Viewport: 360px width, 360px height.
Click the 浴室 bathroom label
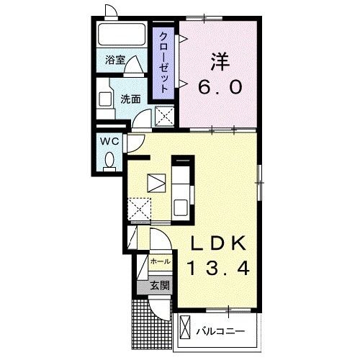click(115, 60)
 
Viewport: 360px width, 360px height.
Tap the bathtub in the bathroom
click(122, 34)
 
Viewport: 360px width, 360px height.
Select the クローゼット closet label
click(163, 63)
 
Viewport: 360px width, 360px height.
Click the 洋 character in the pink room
click(220, 62)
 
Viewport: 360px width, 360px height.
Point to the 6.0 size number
click(220, 87)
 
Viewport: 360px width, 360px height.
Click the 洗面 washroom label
click(130, 99)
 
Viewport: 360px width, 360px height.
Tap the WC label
click(109, 141)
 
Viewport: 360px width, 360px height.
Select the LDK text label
click(218, 243)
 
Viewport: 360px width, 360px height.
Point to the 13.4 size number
click(218, 268)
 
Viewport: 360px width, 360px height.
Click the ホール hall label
click(161, 261)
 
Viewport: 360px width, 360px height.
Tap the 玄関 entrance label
click(160, 286)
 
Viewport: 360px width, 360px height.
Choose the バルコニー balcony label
click(220, 332)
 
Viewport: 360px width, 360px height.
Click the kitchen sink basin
click(181, 207)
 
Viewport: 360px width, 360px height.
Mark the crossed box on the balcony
click(185, 327)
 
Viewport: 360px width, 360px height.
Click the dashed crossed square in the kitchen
click(139, 209)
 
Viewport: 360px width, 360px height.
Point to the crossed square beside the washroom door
click(165, 117)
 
